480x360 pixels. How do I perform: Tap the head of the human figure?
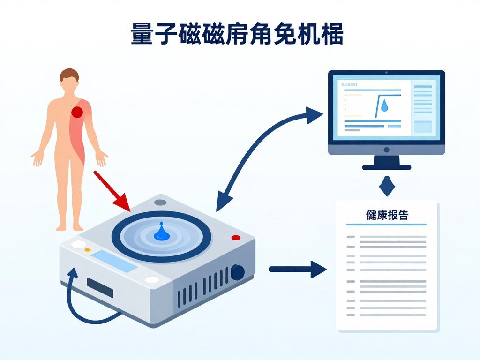[69, 79]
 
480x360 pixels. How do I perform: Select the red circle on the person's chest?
[76, 112]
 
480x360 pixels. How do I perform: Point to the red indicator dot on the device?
[236, 238]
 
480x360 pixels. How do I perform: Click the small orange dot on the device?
[87, 250]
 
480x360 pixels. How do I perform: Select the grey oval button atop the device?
[160, 202]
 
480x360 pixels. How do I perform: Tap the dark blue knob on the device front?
[238, 272]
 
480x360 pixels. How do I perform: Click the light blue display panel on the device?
[114, 261]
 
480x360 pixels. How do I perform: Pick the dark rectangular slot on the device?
[100, 287]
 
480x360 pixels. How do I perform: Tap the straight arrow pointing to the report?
[297, 269]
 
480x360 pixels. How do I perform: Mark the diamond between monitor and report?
[386, 186]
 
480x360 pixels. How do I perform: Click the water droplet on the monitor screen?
[384, 105]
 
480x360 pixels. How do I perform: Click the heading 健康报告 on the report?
[387, 215]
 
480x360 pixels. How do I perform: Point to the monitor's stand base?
[386, 166]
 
